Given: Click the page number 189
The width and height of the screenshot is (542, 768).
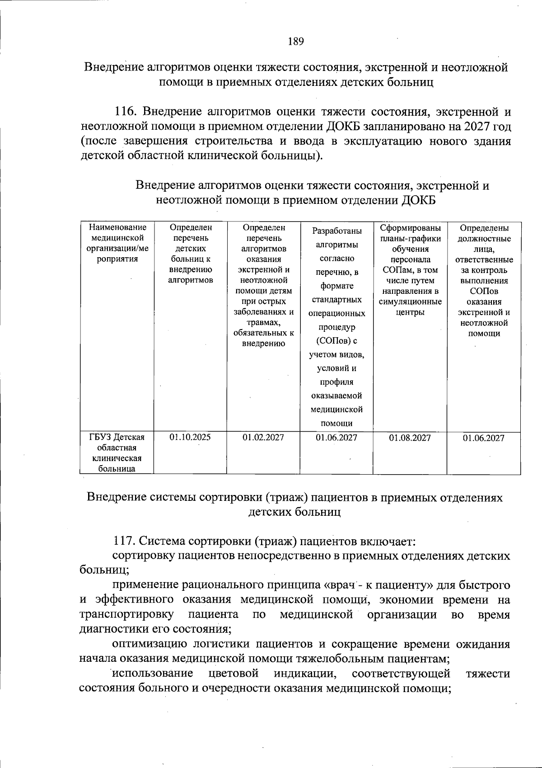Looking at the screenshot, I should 296,42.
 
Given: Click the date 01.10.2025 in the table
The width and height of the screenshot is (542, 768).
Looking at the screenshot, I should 190,437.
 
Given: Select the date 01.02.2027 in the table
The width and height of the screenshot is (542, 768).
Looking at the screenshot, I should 263,437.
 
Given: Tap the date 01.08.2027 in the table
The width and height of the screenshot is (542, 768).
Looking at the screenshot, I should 410,438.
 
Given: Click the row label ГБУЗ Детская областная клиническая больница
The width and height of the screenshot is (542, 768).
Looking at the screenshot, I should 117,452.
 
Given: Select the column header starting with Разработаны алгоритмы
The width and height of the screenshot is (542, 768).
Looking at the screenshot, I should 336,238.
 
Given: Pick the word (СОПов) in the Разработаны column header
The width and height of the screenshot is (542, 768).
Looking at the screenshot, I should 336,340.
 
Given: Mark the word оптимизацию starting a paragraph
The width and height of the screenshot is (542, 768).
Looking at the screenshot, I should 147,644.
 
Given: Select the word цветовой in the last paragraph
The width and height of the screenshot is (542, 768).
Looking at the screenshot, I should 234,674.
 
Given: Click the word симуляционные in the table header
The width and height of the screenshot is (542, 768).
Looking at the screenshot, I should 410,302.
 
